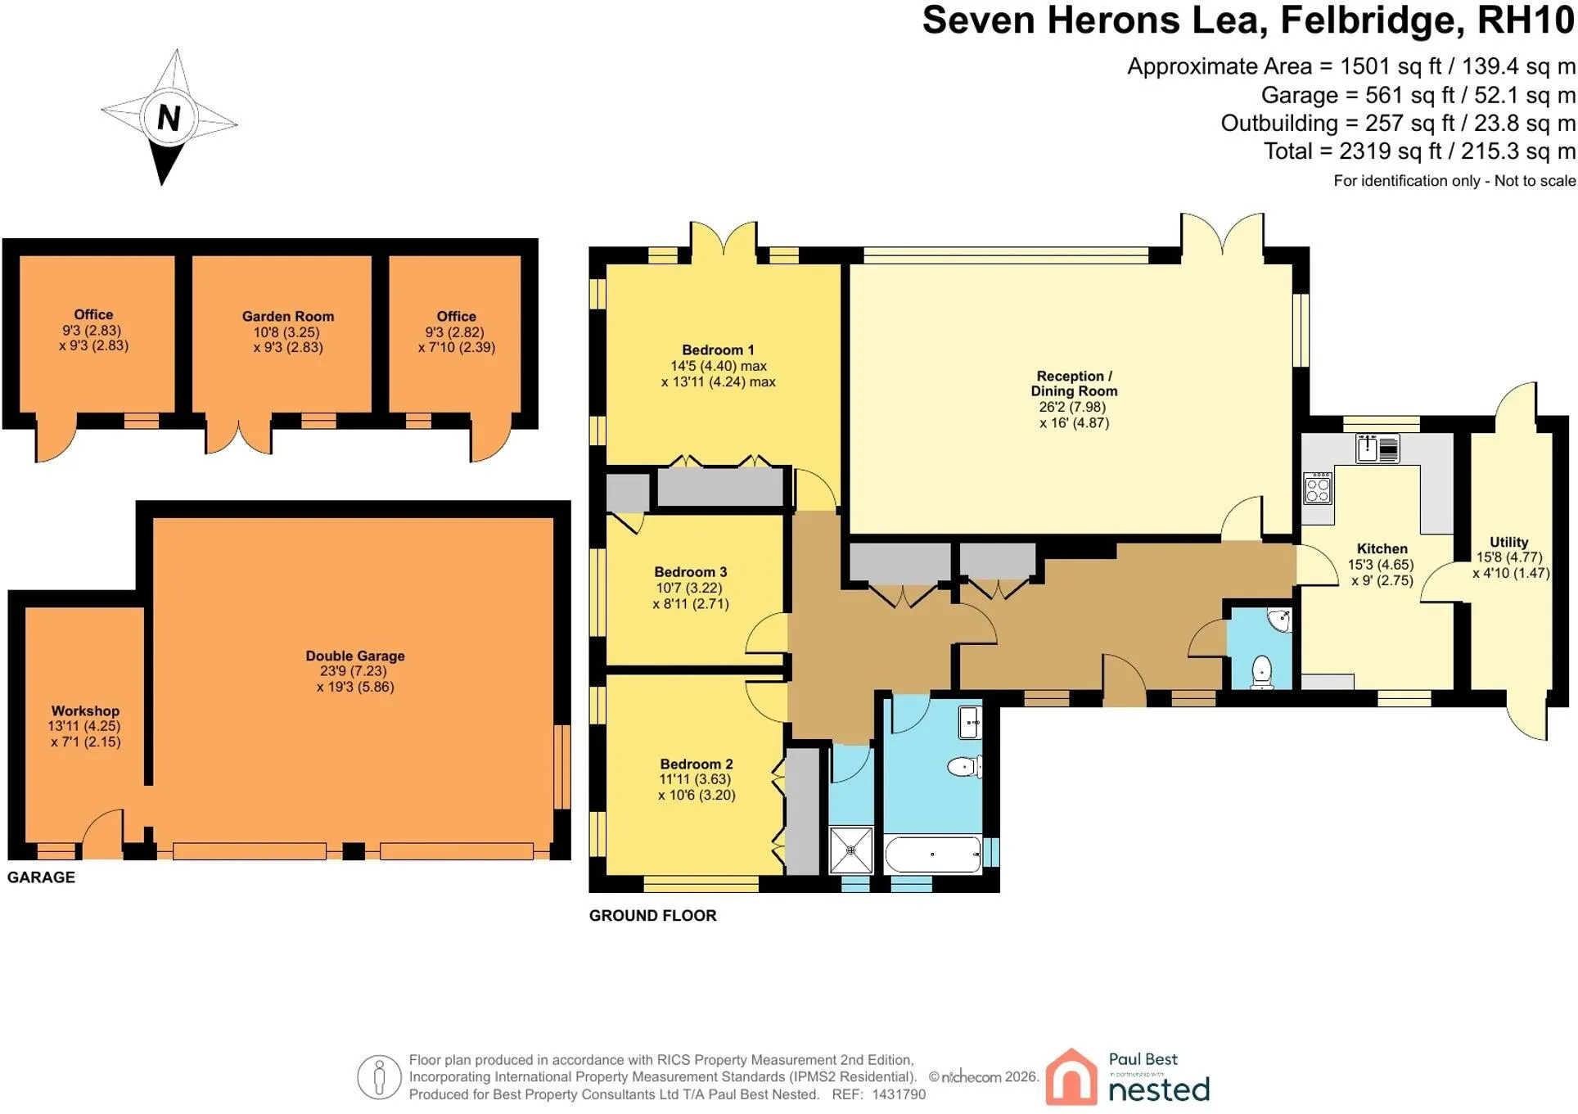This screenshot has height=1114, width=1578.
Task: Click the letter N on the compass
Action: click(169, 119)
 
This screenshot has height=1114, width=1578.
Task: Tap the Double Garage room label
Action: click(355, 656)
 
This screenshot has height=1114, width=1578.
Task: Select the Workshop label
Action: click(85, 711)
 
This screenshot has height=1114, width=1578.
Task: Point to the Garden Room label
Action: click(288, 317)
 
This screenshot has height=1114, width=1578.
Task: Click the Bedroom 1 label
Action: click(718, 350)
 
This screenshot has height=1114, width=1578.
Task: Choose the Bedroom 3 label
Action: click(691, 572)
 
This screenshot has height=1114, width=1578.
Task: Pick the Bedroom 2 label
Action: click(697, 764)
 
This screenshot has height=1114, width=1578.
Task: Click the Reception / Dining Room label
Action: click(1074, 384)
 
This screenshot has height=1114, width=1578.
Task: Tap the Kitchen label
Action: click(1382, 549)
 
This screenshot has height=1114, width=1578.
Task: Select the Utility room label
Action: click(1508, 543)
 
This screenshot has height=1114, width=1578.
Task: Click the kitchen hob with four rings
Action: click(1318, 488)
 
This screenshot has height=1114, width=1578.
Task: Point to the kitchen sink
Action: click(1377, 449)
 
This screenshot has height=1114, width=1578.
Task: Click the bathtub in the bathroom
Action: click(933, 855)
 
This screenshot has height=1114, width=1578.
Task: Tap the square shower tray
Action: click(851, 850)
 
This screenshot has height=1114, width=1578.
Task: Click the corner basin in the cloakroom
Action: click(1278, 620)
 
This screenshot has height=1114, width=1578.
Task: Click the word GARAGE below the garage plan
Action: click(41, 877)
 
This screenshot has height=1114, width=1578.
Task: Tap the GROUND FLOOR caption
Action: click(652, 916)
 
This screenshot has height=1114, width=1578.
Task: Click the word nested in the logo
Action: click(1158, 1090)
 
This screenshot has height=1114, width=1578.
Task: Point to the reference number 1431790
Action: click(899, 1094)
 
